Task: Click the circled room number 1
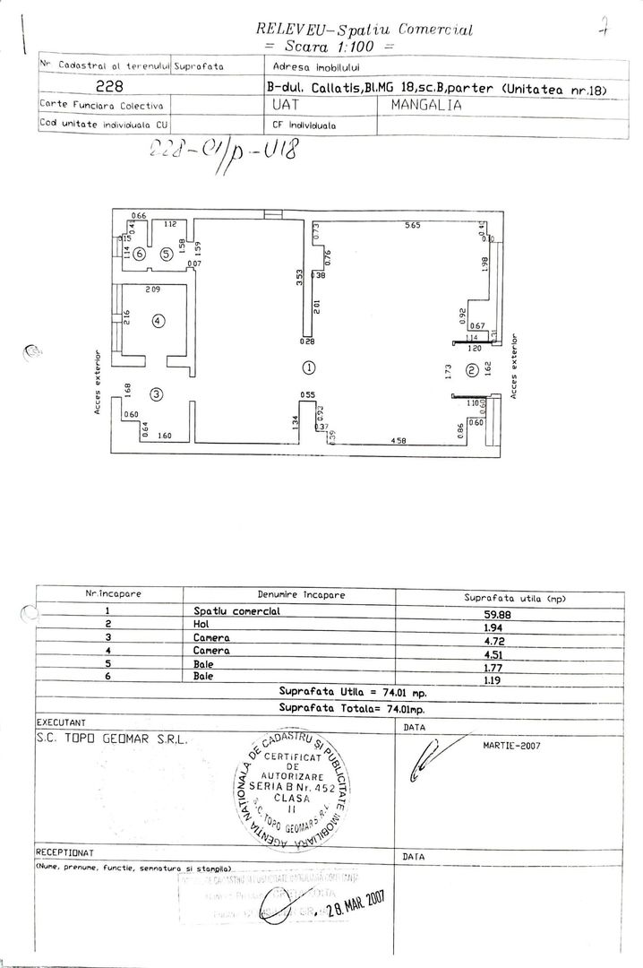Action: [309, 367]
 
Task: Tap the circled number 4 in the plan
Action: [158, 320]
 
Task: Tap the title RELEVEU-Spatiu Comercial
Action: [364, 30]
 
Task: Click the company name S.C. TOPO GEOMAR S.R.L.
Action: [108, 740]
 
